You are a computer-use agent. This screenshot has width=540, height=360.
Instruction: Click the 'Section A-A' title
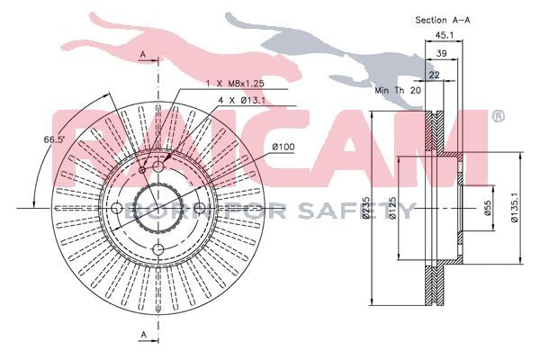tap(443, 20)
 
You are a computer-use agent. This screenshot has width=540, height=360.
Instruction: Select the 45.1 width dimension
tap(444, 35)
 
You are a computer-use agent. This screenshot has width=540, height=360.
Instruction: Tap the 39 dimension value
tap(442, 53)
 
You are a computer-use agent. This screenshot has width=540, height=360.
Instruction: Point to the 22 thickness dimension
tap(435, 75)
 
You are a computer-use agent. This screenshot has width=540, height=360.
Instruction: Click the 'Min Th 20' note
tap(398, 91)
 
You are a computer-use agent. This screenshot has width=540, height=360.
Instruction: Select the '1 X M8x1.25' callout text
tap(235, 84)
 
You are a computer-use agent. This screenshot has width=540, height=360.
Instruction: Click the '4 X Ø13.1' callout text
tap(242, 100)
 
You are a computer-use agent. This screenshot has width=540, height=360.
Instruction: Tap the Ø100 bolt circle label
tap(283, 147)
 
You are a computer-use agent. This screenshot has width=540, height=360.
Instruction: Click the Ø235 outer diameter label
tap(366, 208)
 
